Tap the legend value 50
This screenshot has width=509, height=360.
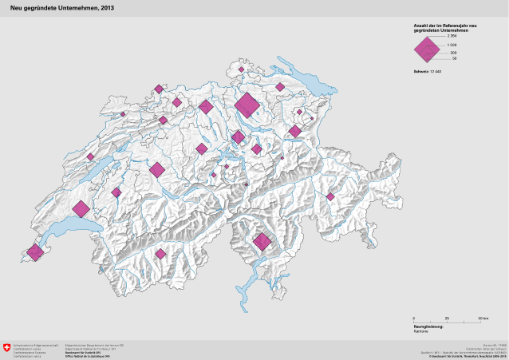coord(453,58)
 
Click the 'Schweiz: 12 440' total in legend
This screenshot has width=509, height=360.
coord(427,72)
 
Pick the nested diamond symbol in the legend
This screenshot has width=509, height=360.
coord(428,49)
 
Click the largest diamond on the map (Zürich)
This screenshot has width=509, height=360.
coord(247,105)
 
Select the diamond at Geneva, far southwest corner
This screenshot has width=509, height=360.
coord(34,252)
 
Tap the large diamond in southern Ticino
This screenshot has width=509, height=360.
coord(262,241)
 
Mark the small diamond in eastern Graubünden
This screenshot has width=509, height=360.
coord(329,196)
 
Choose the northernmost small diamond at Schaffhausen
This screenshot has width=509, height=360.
coord(240,69)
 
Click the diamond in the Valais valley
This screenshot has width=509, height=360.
coord(160,254)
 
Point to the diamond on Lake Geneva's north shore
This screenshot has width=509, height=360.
coord(81,210)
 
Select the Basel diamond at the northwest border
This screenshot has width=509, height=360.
coord(159,89)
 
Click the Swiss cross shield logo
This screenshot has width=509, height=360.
coord(8,349)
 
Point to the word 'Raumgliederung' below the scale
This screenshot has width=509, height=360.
coord(427,326)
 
